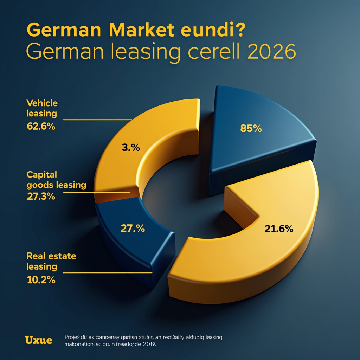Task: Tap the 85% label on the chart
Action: [251, 129]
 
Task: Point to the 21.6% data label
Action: [279, 229]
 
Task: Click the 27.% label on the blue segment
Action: [133, 229]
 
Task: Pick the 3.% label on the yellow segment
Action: [131, 148]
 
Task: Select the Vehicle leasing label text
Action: [42, 108]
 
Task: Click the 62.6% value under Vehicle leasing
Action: [41, 126]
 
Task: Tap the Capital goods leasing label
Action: [56, 180]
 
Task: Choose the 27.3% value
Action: [41, 197]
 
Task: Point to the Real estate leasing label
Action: [51, 261]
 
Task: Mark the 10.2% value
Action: [41, 280]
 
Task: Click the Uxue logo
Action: [39, 340]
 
